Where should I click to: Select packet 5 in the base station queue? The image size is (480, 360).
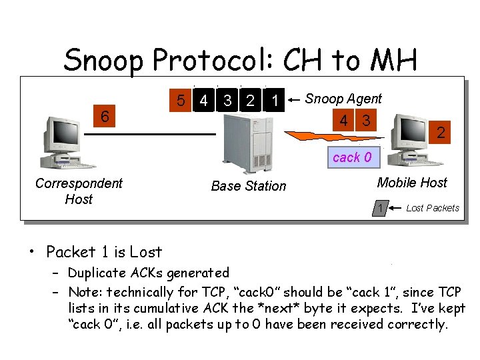click(179, 101)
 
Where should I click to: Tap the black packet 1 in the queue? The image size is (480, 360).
click(274, 101)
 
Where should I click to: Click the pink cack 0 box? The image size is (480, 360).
click(352, 157)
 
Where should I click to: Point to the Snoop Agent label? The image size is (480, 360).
click(343, 99)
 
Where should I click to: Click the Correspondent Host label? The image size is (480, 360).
click(79, 191)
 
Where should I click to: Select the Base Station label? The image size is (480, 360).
click(248, 186)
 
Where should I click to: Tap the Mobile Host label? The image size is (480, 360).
click(412, 182)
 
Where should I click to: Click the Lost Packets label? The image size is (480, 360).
click(433, 208)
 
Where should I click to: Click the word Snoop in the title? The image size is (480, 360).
click(104, 61)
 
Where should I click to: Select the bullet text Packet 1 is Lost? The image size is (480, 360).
click(104, 252)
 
